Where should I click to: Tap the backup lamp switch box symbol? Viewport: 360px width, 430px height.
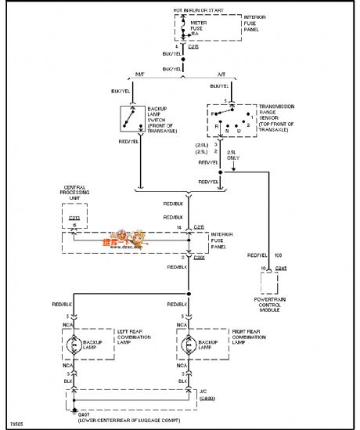pyautogui.click(x=128, y=118)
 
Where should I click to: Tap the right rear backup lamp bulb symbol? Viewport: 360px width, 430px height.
pyautogui.click(x=189, y=345)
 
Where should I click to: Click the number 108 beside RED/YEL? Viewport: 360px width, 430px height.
pyautogui.click(x=277, y=255)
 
